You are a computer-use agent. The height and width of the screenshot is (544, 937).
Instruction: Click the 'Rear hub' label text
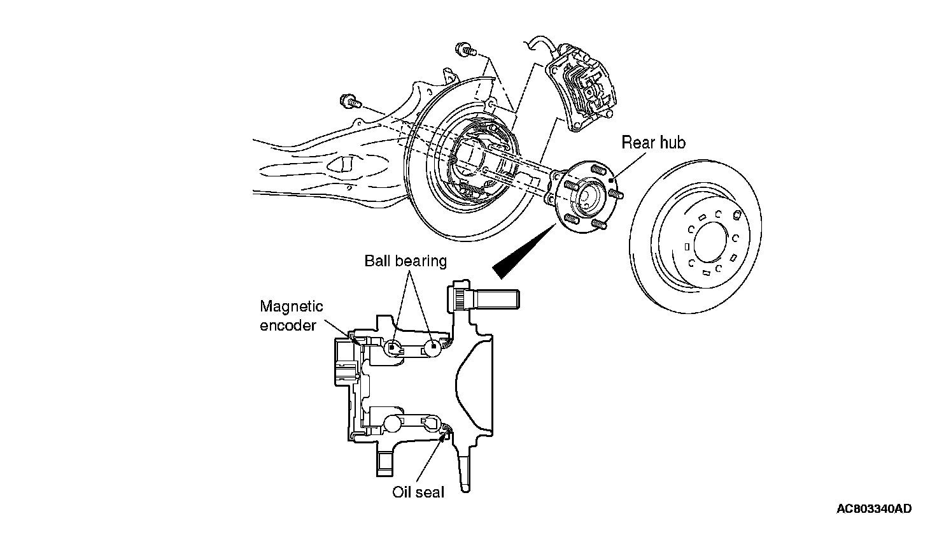(653, 143)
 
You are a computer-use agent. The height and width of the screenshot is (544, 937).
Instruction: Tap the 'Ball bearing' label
(405, 261)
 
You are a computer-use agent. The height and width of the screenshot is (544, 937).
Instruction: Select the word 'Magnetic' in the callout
(292, 306)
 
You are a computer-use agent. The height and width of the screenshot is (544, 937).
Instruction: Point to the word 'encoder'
(288, 325)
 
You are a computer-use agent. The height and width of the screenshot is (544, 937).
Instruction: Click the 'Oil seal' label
(418, 492)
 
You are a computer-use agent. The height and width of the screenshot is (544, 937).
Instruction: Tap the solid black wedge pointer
(524, 251)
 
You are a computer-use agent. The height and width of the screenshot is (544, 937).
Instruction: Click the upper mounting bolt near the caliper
(464, 50)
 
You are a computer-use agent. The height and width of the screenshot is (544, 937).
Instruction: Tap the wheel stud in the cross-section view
(484, 298)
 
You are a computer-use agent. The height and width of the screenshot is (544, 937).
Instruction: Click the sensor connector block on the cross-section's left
(346, 362)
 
